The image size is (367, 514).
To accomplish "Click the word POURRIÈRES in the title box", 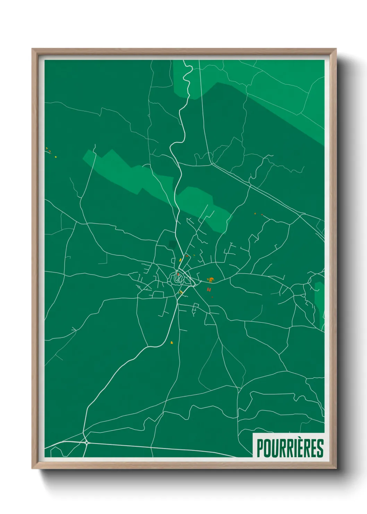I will [290, 448].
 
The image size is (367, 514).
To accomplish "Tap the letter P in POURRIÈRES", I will [260, 448].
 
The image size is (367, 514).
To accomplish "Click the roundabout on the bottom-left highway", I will [86, 442].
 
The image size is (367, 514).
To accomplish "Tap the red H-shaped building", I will [209, 289].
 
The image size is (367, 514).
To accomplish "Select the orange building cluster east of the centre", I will [211, 280].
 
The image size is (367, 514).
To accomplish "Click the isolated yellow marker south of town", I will [172, 342].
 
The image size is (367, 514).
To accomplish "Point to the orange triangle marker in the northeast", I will [255, 214].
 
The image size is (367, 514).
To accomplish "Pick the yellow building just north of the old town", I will [180, 260].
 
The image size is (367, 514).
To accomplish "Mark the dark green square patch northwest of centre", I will [172, 244].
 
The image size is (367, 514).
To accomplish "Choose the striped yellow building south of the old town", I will [181, 292].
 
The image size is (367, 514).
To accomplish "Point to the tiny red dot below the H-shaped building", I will [212, 297].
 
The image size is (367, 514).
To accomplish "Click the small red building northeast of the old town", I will [187, 256].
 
